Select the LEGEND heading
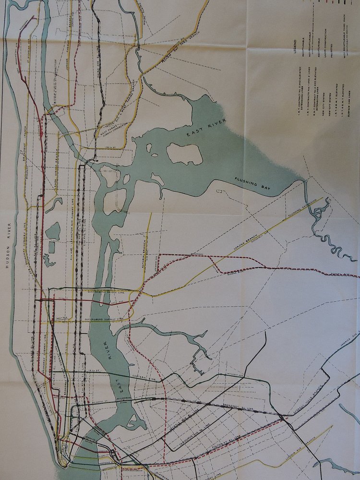pyautogui.click(x=297, y=48)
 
